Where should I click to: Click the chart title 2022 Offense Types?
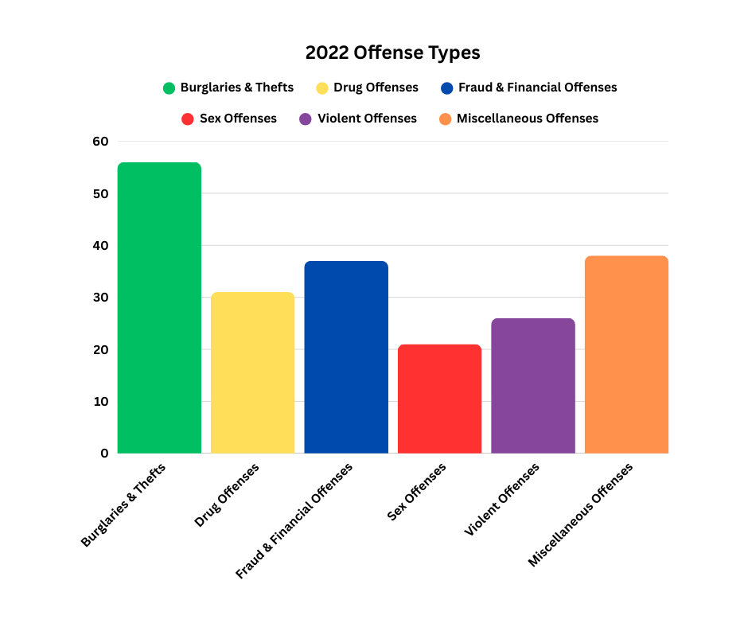click(x=392, y=53)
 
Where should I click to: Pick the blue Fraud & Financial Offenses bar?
click(x=346, y=357)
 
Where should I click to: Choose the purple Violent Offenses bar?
click(x=533, y=386)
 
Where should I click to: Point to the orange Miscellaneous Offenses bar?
click(x=626, y=355)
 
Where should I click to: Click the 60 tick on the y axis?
click(x=100, y=142)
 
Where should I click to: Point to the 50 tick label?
click(x=100, y=193)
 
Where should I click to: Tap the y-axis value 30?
click(x=100, y=298)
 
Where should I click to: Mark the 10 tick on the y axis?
click(x=100, y=401)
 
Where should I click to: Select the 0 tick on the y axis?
click(x=104, y=454)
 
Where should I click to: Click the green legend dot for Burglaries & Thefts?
click(x=169, y=88)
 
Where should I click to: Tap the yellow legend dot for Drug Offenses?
click(x=322, y=88)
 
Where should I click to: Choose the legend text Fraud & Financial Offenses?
click(x=537, y=88)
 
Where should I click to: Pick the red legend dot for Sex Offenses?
click(x=188, y=119)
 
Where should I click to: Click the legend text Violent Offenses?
click(x=367, y=119)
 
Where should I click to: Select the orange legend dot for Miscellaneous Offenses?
click(x=445, y=119)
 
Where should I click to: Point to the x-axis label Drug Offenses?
click(x=227, y=495)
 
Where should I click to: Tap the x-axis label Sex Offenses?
click(x=417, y=492)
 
